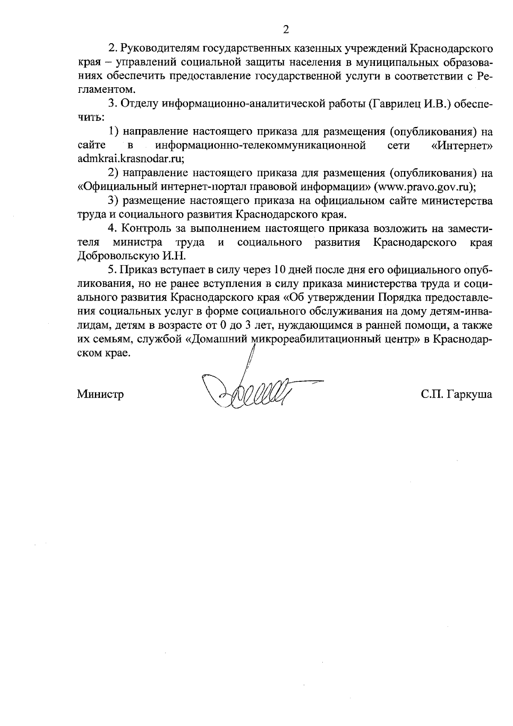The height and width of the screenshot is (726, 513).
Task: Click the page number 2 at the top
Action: pyautogui.click(x=286, y=30)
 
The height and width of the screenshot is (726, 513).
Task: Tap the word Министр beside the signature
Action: pyautogui.click(x=100, y=394)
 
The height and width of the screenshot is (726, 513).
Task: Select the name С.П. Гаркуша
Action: pyautogui.click(x=456, y=394)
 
